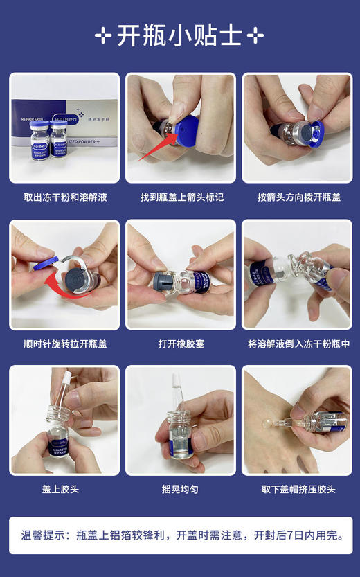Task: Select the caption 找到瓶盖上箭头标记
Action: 180,197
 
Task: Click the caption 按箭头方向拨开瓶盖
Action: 298,197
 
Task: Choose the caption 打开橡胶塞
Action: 180,344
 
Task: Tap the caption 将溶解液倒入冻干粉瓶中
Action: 298,344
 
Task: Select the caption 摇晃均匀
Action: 180,490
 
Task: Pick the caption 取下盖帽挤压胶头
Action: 298,490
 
